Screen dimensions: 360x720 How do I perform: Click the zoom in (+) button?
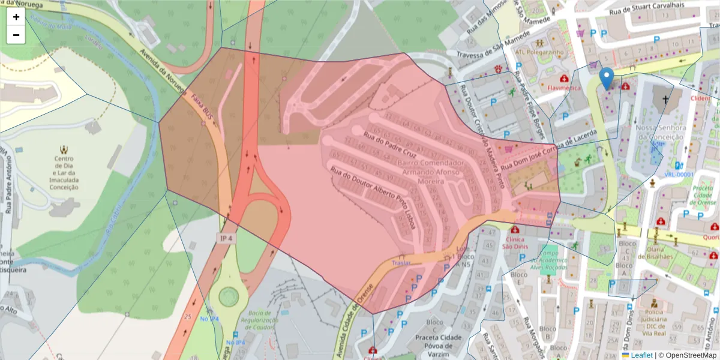pyautogui.click(x=16, y=17)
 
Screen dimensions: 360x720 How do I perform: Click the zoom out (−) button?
pyautogui.click(x=16, y=35)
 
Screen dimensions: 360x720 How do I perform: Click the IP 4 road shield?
pyautogui.click(x=225, y=238)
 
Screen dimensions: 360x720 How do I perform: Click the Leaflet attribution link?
pyautogui.click(x=641, y=355)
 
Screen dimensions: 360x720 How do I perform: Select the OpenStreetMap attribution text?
pyautogui.click(x=687, y=355)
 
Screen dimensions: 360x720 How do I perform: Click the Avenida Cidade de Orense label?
pyautogui.click(x=363, y=312)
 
